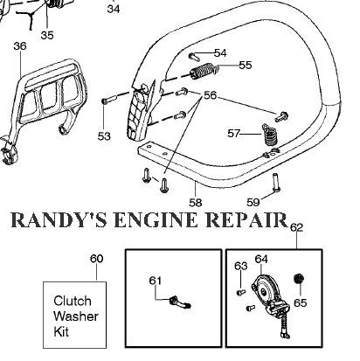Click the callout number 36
20,46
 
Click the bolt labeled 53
109,99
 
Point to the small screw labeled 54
194,56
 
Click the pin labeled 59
275,183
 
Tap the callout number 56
210,95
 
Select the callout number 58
195,202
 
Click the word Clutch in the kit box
73,301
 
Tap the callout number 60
96,259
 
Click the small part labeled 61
180,302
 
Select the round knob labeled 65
299,279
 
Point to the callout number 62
297,227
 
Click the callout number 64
261,259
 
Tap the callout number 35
47,35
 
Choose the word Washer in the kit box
76,316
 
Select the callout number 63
241,266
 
